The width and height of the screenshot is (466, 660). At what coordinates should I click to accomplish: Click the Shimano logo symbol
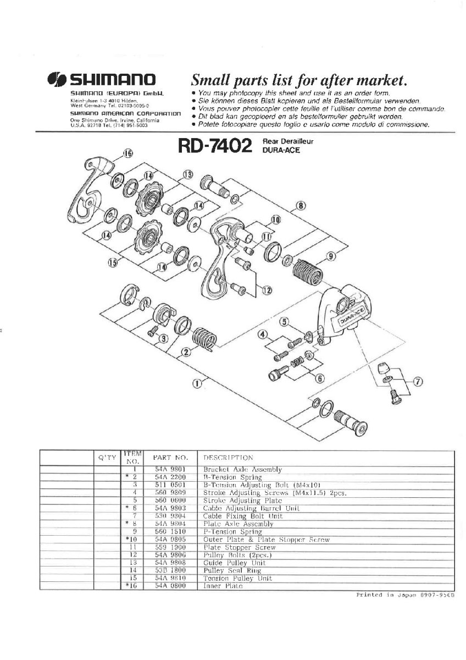tap(56, 79)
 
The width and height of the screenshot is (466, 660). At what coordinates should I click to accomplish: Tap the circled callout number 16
tap(128, 154)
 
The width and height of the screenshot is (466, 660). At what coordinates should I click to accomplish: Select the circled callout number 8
tap(301, 207)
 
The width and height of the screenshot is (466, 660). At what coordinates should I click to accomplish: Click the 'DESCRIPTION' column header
tap(229, 458)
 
